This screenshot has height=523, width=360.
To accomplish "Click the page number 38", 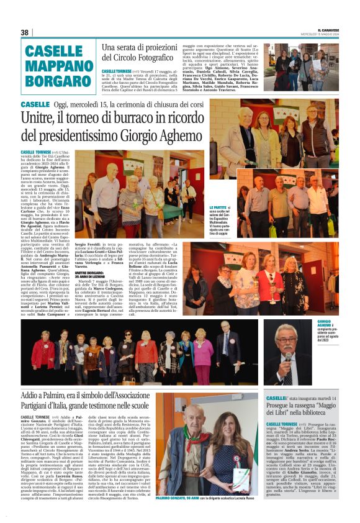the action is click(x=25, y=32).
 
